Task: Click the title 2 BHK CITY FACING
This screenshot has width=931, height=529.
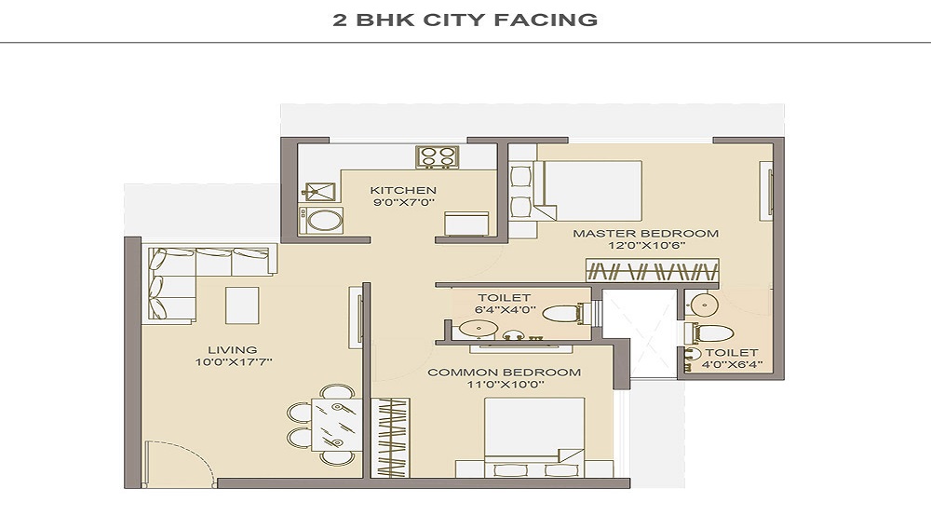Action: pos(465,20)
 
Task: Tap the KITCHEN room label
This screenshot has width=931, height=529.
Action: pos(403,191)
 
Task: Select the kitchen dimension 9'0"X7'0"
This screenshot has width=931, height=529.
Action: pos(403,202)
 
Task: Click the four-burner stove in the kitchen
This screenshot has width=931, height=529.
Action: pos(437,156)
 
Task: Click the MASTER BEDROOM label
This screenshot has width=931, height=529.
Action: pos(645,234)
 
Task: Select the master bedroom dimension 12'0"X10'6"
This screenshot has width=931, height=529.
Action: pos(645,246)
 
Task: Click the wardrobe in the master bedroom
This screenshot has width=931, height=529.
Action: pos(653,270)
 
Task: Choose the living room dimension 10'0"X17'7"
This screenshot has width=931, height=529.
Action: pos(234,361)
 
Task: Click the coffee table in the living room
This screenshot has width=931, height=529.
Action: pos(242,305)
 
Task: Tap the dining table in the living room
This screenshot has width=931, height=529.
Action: pos(336,425)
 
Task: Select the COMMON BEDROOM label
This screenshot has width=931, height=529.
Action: pos(504,373)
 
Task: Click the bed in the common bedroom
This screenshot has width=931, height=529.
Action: pos(534,437)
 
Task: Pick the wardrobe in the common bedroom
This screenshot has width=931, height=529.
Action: pos(390,438)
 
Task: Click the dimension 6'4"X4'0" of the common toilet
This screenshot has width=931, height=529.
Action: pos(506,310)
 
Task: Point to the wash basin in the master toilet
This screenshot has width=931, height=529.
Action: pos(704,305)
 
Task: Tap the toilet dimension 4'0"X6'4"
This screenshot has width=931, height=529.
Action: pos(732,365)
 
